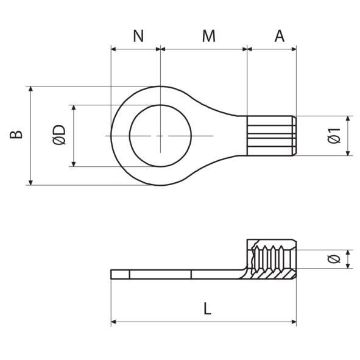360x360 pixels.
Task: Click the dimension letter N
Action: pyautogui.click(x=138, y=36)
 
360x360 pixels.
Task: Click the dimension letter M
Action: pyautogui.click(x=209, y=36)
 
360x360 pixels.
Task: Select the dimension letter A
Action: pyautogui.click(x=279, y=36)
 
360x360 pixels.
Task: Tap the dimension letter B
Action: pyautogui.click(x=18, y=135)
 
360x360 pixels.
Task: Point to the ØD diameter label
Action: pyautogui.click(x=59, y=135)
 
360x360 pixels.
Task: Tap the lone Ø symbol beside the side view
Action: pyautogui.click(x=333, y=259)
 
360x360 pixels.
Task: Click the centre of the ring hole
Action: pyautogui.click(x=160, y=135)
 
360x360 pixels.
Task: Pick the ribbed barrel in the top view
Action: pyautogui.click(x=272, y=135)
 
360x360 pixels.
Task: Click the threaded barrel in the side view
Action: pyautogui.click(x=272, y=260)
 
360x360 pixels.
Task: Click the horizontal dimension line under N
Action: pyautogui.click(x=135, y=48)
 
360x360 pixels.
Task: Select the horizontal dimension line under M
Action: pyautogui.click(x=203, y=48)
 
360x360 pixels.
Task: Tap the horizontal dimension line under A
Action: pyautogui.click(x=272, y=48)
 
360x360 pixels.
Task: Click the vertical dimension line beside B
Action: pyautogui.click(x=30, y=135)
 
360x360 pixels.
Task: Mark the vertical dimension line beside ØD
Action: pyautogui.click(x=73, y=135)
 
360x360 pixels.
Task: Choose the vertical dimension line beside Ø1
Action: pyautogui.click(x=348, y=135)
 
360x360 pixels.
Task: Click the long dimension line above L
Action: pyautogui.click(x=204, y=321)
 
